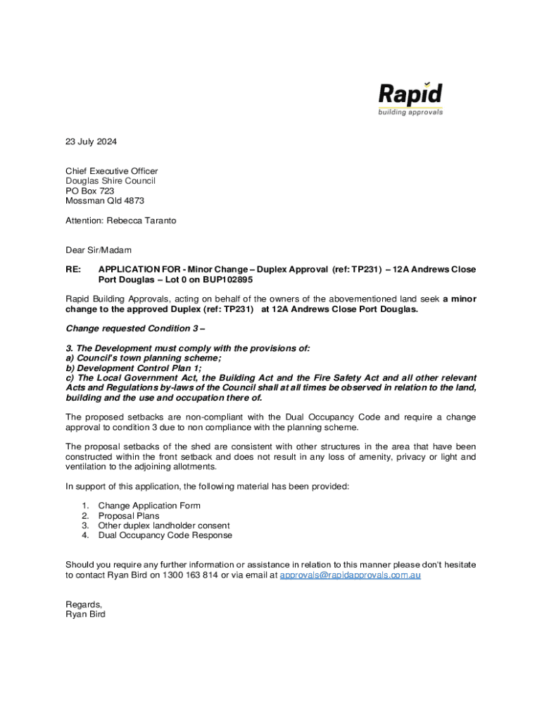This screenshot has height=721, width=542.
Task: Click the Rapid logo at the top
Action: [410, 99]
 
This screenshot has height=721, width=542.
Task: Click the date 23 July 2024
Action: [92, 142]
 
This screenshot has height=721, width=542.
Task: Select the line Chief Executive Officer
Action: [111, 171]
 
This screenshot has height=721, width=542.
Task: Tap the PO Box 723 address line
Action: [89, 191]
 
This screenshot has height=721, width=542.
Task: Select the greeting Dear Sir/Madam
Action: [99, 250]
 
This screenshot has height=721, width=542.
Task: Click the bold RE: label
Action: [73, 270]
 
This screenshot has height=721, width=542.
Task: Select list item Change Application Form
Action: [149, 506]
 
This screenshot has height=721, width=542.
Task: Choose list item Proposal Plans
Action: [129, 515]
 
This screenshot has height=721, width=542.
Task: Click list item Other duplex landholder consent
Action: [164, 525]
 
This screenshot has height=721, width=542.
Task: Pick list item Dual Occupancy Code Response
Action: [165, 535]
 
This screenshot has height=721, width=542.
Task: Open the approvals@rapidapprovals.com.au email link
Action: [351, 575]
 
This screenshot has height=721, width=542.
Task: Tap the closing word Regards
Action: [84, 604]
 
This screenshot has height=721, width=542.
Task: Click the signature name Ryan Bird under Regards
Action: [85, 614]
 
